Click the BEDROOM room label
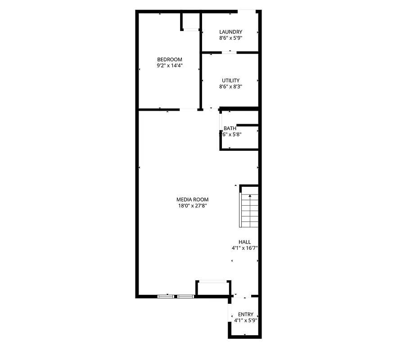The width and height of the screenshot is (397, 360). point(169,59)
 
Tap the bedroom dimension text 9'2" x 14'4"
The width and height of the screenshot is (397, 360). point(169,66)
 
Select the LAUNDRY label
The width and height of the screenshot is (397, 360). point(230,31)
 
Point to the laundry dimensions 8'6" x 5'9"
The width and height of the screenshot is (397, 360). point(230,38)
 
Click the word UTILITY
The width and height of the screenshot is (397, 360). point(230,81)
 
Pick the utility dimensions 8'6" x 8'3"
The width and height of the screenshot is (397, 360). point(230,87)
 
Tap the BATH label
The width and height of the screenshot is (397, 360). point(230,128)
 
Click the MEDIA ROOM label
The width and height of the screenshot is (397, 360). point(193,199)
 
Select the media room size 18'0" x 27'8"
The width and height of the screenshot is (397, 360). point(193,206)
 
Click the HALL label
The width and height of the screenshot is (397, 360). point(245,242)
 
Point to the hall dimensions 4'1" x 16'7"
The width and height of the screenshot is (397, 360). point(244,248)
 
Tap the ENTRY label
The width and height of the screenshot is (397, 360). point(246,315)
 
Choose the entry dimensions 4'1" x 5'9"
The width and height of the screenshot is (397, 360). point(245,321)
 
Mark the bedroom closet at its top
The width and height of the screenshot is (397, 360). point(191,21)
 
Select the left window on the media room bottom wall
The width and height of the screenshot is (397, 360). point(165,297)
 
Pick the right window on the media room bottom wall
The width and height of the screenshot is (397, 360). point(185,297)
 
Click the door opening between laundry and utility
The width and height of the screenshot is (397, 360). point(230,52)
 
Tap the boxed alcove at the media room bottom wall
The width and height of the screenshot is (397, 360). point(213,288)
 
